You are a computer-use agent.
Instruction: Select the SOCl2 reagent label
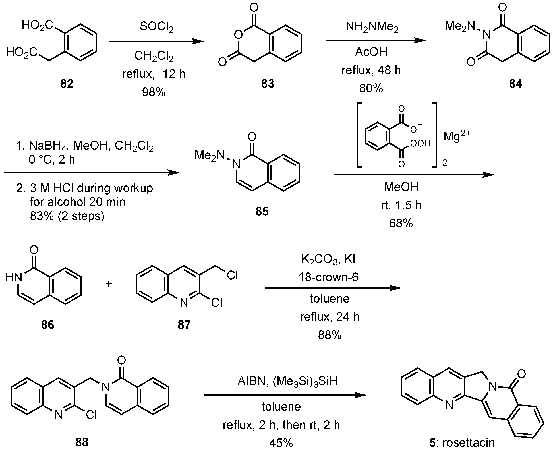point(156,26)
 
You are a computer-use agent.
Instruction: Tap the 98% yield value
point(154,92)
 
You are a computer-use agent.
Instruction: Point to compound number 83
point(268,84)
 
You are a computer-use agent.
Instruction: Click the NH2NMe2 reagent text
point(372,27)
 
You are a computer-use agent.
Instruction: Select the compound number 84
point(515,84)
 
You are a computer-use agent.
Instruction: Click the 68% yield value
point(401,223)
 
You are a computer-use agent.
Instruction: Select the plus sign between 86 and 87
point(109,284)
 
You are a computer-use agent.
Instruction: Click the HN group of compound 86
point(14,278)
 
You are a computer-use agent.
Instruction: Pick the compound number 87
point(184,325)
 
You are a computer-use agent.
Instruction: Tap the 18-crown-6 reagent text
point(329,277)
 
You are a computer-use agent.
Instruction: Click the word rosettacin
point(468,443)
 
